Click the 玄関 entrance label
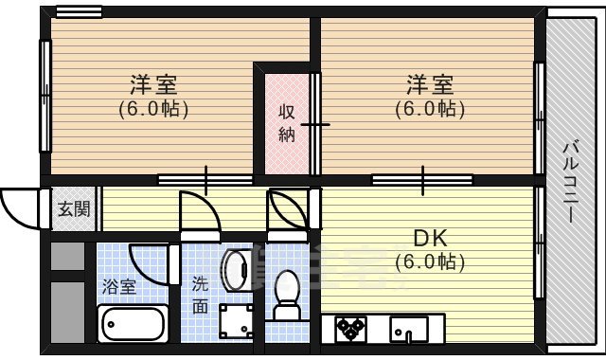[x=73, y=209]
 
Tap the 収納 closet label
[x=287, y=123]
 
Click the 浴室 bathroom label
[x=118, y=284]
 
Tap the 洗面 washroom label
[x=201, y=294]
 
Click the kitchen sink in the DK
[x=409, y=329]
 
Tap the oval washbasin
[x=235, y=270]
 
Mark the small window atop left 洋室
[x=79, y=12]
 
